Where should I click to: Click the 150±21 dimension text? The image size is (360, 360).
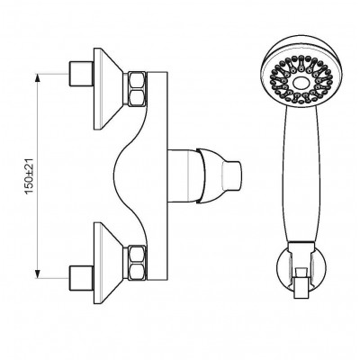pos(30,176)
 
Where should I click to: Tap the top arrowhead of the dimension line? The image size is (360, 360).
pos(37,77)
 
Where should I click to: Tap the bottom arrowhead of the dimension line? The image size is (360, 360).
pos(37,274)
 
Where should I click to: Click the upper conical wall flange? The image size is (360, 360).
pos(109,89)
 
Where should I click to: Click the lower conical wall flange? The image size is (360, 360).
pos(109,263)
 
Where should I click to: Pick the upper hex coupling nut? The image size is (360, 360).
pos(137,89)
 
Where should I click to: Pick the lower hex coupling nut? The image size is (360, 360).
pos(137,263)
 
